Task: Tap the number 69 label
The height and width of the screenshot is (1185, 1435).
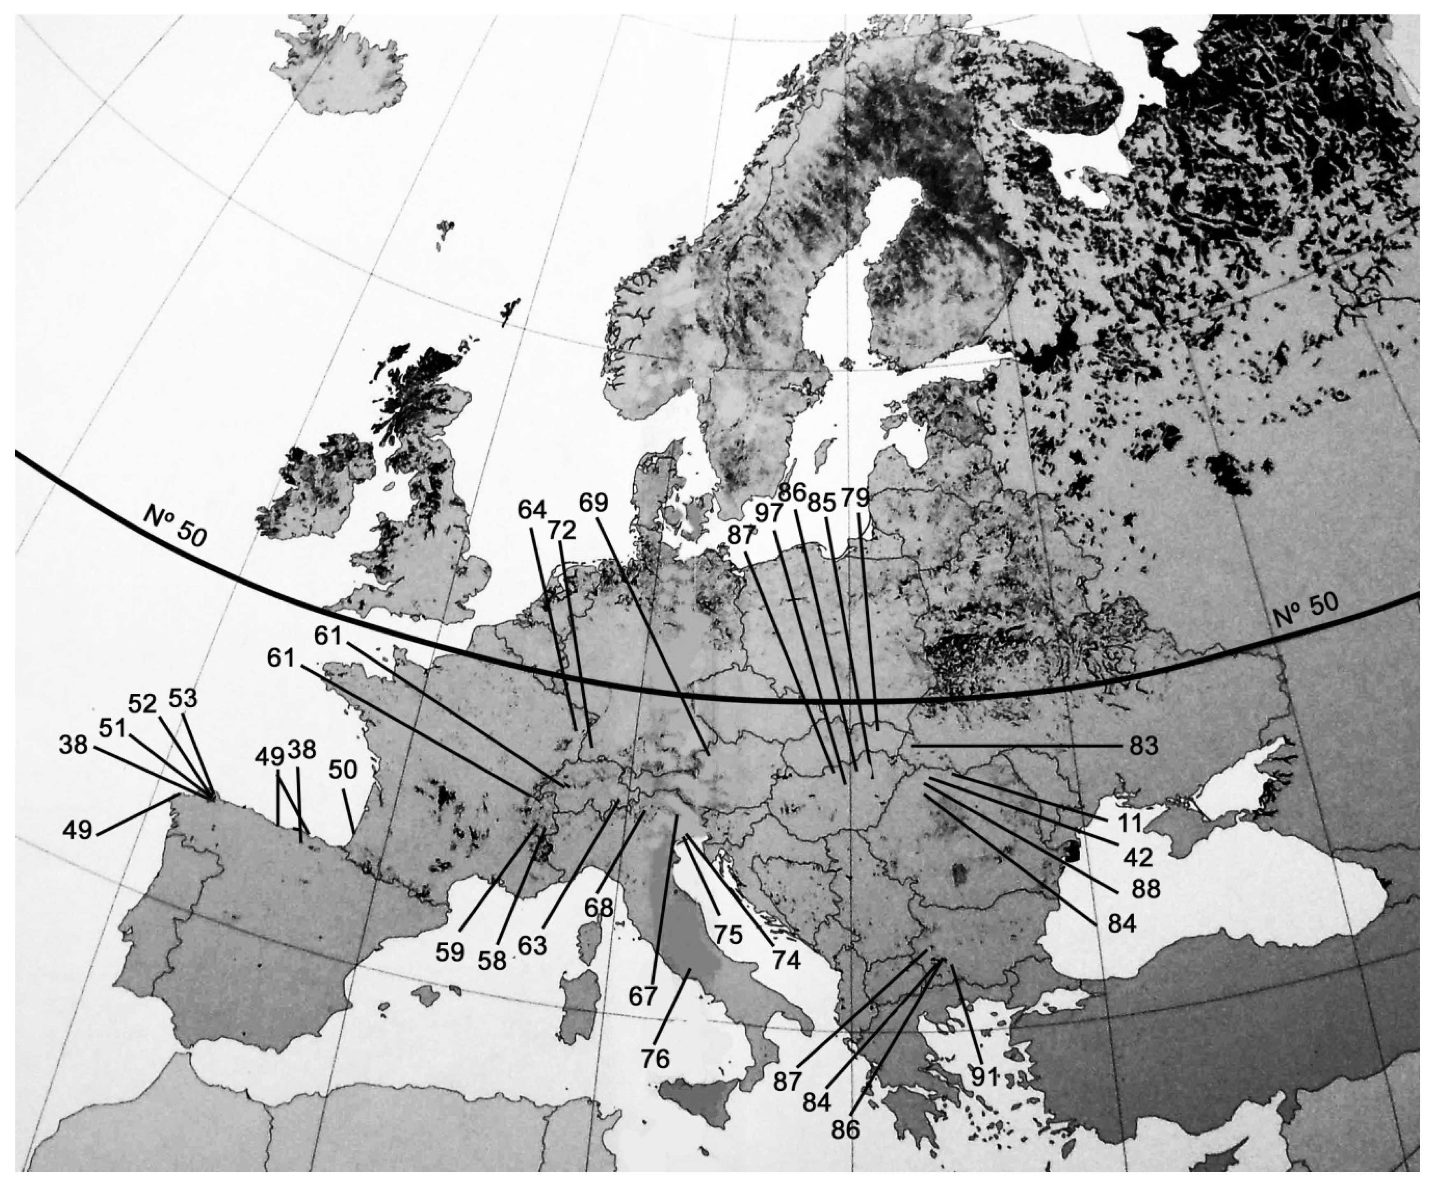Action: coord(593,502)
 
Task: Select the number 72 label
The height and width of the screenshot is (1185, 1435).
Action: coord(561,530)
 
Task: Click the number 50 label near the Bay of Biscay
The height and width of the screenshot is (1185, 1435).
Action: coord(343,769)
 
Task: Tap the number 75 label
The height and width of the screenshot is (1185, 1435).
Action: coord(728,934)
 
